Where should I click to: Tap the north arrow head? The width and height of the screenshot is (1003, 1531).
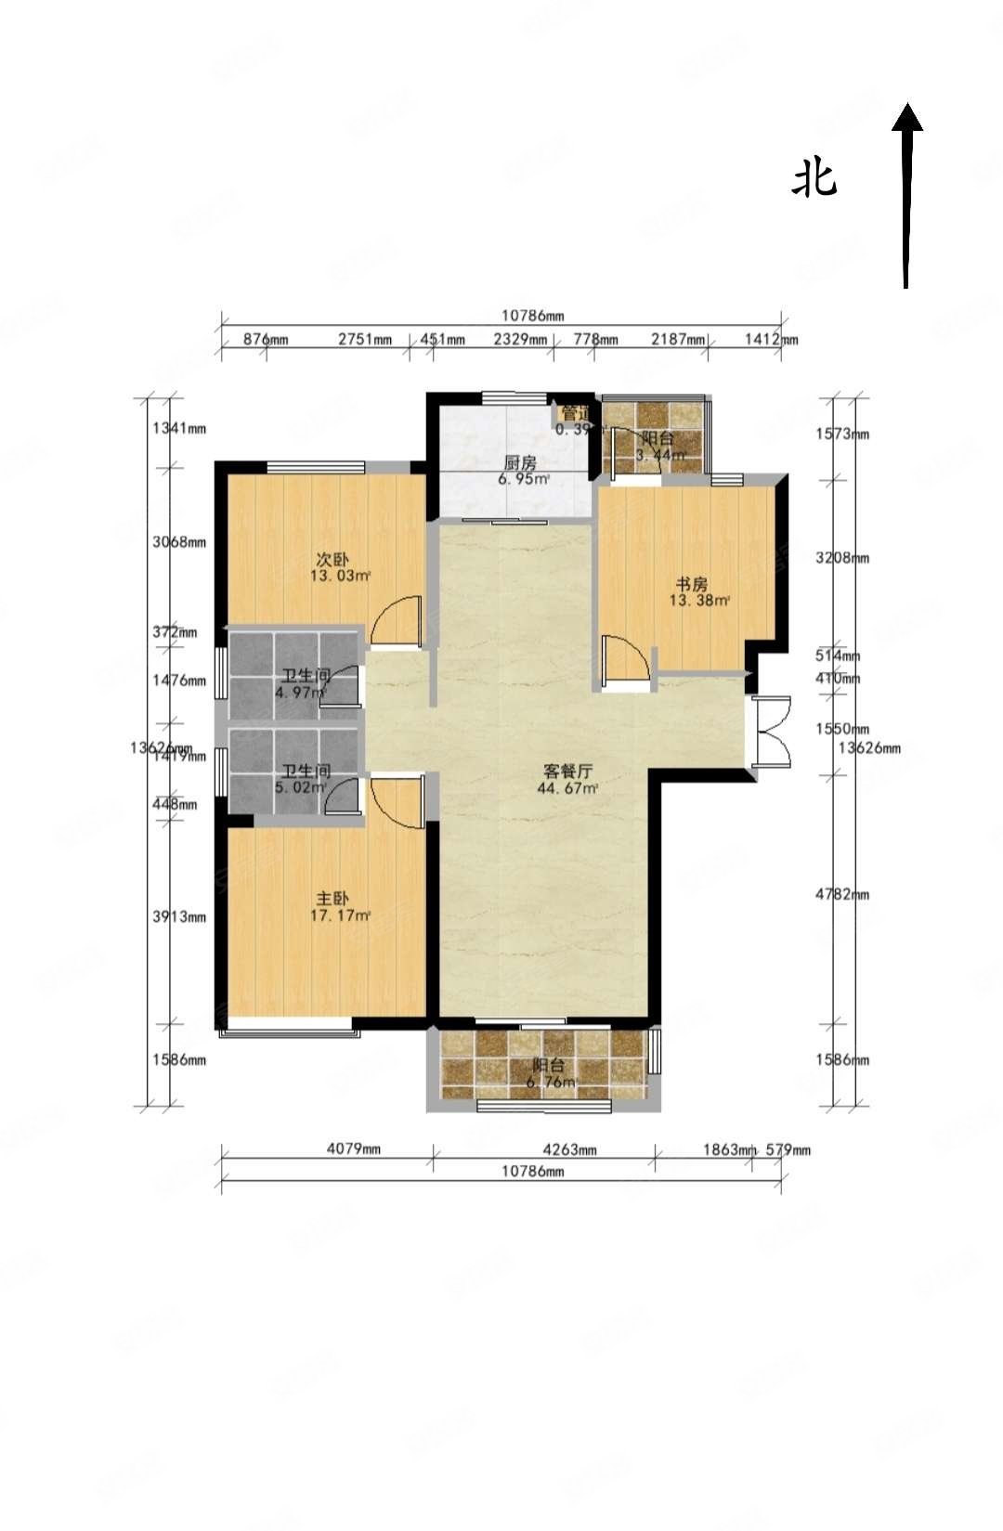click(907, 117)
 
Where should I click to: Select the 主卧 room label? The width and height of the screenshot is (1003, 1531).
click(332, 899)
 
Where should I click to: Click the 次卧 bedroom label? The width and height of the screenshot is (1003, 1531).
click(332, 560)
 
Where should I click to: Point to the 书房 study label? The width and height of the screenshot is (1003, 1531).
click(691, 584)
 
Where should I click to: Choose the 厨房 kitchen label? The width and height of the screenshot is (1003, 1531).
click(520, 462)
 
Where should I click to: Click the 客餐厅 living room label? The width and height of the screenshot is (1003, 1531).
click(567, 772)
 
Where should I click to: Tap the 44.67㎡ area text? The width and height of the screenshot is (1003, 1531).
click(567, 789)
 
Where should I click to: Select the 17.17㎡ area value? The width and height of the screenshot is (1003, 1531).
click(340, 916)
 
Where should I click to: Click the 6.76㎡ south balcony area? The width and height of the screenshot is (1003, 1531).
click(550, 1083)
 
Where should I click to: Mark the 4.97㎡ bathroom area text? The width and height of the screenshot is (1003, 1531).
click(301, 693)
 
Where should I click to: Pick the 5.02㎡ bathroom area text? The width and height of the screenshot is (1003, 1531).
click(301, 788)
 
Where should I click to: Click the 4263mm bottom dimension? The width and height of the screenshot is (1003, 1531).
click(569, 1149)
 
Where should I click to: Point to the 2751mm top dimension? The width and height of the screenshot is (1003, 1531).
click(364, 340)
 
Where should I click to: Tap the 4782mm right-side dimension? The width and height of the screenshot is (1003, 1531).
click(842, 895)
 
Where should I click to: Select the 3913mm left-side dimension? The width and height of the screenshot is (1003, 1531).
click(179, 916)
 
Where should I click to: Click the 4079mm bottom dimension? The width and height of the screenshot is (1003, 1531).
click(354, 1149)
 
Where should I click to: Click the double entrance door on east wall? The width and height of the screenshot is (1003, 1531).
click(773, 731)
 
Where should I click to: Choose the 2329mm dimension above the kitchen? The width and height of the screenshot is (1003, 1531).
click(520, 340)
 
